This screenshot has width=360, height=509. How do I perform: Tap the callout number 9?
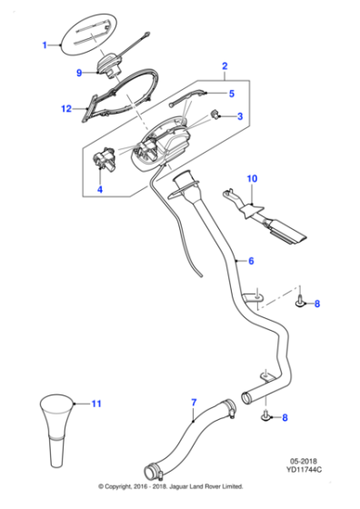(78, 73)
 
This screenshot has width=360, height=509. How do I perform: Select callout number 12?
(66, 109)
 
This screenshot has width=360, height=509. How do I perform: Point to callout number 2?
(225, 65)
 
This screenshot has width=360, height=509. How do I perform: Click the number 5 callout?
(231, 94)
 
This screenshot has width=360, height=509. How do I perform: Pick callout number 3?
(239, 116)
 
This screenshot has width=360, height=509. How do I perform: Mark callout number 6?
(251, 260)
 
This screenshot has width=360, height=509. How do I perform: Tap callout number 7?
(194, 401)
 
